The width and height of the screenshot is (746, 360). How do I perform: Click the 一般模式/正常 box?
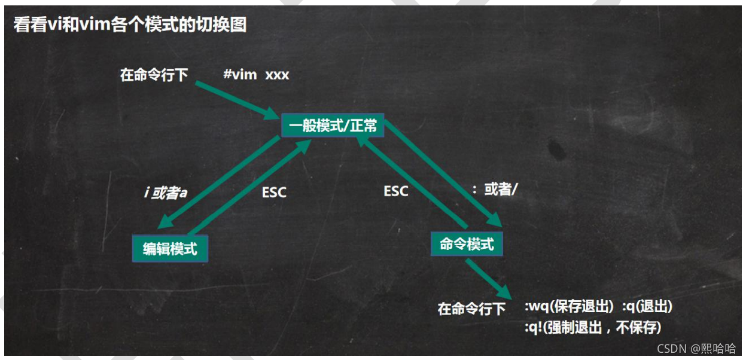click(x=333, y=126)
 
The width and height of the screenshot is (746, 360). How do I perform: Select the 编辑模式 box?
click(x=170, y=248)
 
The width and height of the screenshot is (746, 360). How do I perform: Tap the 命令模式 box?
click(x=467, y=244)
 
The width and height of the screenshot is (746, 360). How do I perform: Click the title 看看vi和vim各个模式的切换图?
click(x=130, y=26)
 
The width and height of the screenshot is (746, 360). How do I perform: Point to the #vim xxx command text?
click(x=256, y=75)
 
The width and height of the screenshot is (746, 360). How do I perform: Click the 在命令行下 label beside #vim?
click(x=154, y=75)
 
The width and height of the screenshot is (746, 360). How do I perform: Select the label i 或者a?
click(x=165, y=194)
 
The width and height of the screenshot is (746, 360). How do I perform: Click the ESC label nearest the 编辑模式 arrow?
click(x=274, y=193)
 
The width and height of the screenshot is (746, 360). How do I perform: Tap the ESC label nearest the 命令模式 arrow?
click(x=395, y=191)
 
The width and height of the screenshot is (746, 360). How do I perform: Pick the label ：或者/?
click(x=494, y=190)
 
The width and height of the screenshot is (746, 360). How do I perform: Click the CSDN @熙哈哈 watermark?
click(x=696, y=349)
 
